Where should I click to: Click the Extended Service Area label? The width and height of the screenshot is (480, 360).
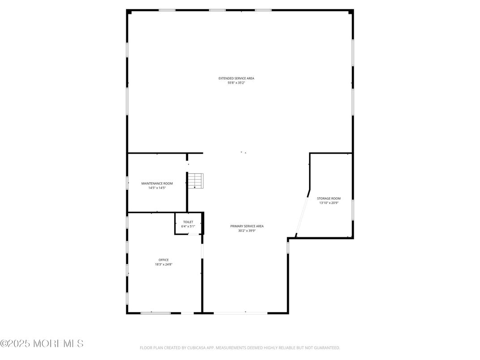point(236,78)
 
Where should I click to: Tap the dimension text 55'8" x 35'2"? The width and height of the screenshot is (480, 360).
point(236,83)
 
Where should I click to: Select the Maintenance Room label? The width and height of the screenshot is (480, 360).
point(157,184)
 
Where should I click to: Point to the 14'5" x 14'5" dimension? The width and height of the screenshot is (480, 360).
point(157,188)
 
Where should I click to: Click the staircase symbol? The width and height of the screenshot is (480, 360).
point(195,181)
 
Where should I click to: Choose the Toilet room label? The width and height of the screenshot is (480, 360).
point(188,222)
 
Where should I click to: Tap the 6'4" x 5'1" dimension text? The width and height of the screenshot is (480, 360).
point(188,227)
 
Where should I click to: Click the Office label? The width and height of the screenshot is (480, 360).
point(163,260)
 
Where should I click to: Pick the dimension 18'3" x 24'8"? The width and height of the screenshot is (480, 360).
point(163,264)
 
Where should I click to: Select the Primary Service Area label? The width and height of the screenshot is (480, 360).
point(247,226)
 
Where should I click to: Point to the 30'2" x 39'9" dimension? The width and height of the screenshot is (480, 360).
point(247,231)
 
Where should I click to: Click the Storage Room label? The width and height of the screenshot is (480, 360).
point(329,198)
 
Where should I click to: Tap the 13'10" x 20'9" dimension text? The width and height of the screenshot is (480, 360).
point(329,203)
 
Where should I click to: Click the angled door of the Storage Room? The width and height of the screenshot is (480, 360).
point(302,215)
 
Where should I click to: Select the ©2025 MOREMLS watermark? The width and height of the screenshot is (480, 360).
point(42,343)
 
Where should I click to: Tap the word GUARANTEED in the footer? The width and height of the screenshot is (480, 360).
point(326,348)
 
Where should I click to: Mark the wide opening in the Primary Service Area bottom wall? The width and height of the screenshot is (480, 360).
point(240,313)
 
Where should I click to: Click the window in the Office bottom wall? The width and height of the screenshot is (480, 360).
point(155,313)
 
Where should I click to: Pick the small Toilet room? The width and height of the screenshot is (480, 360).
point(189,224)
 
